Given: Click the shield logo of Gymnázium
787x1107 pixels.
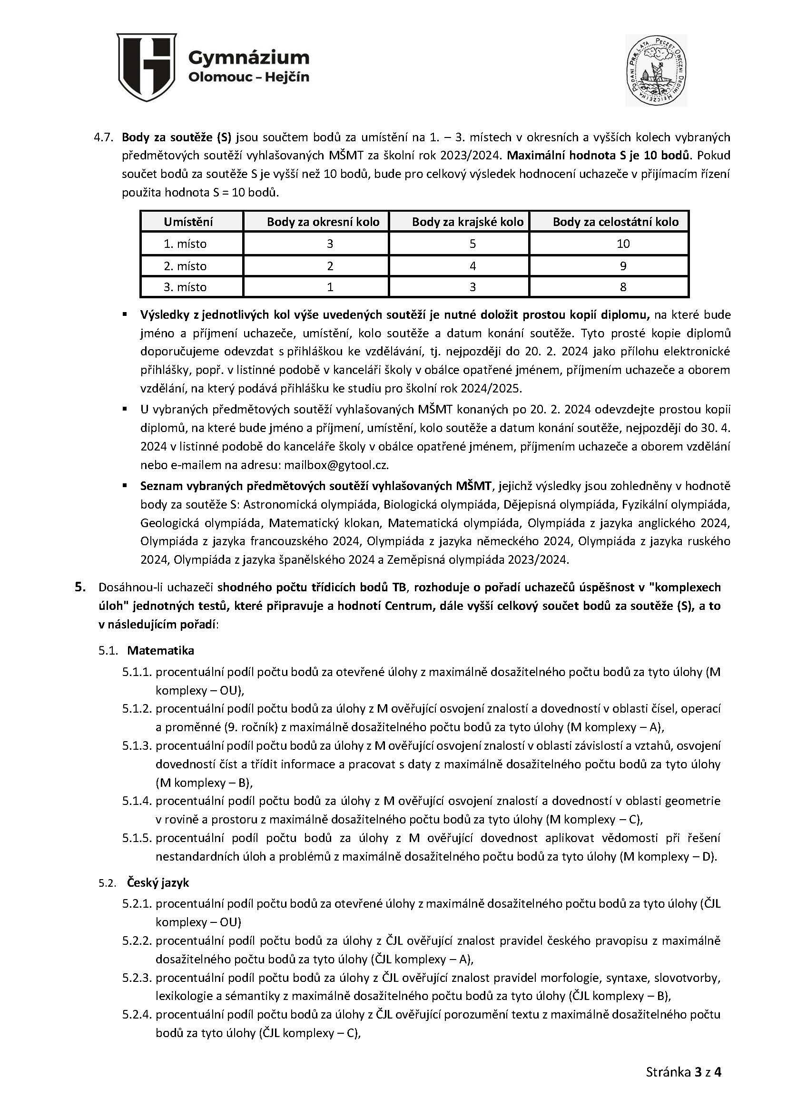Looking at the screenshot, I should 147,67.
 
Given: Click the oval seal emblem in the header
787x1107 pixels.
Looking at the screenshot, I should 656,70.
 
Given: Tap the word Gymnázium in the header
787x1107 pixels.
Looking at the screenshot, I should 248,58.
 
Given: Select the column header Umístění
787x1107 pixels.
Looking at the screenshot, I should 188,222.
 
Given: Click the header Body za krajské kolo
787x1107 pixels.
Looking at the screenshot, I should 468,222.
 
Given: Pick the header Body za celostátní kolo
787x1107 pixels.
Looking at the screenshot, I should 615,222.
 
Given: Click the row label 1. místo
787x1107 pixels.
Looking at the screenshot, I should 185,244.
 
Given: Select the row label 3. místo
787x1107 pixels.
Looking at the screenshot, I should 185,287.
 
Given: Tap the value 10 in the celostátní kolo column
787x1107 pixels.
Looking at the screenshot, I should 623,244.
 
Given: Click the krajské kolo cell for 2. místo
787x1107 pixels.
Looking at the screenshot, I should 472,266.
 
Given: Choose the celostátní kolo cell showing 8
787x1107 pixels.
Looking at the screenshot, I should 623,287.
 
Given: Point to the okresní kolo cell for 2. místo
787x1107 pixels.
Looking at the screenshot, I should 330,266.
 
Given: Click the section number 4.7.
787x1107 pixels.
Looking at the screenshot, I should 103,137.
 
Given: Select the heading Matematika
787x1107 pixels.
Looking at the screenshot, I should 160,650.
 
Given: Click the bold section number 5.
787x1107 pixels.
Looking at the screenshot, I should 80,587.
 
